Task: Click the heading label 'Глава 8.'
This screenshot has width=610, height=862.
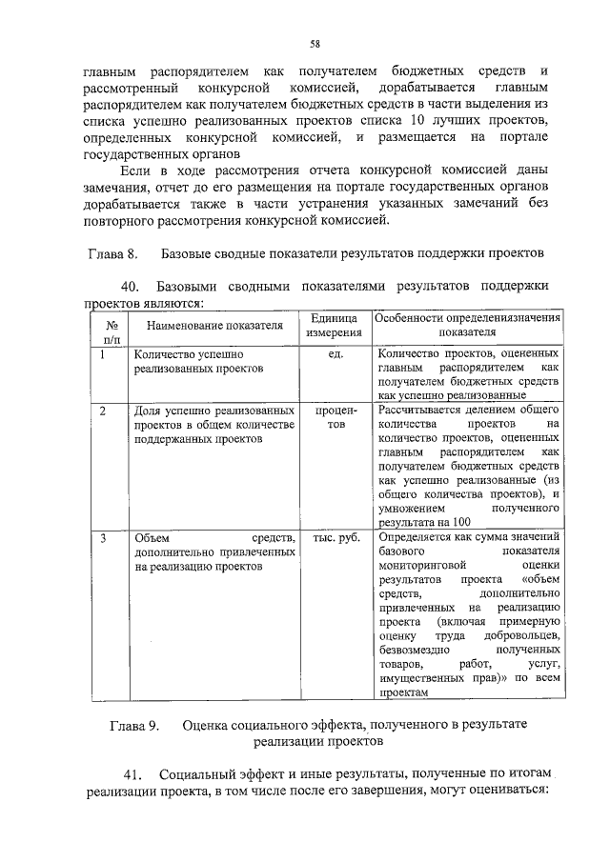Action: click(x=113, y=254)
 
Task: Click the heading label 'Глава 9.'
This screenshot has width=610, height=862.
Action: click(x=134, y=725)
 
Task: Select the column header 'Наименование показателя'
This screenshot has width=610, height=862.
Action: click(x=215, y=325)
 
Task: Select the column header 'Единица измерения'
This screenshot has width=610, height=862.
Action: click(x=334, y=325)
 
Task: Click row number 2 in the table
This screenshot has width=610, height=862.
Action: click(x=102, y=410)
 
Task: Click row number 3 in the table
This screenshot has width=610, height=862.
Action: click(x=102, y=537)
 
